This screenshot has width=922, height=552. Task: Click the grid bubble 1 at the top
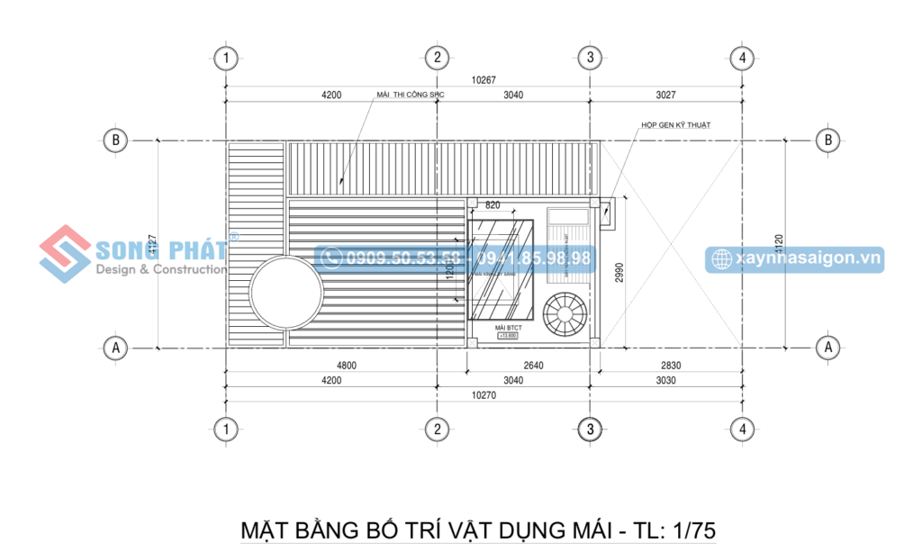226,58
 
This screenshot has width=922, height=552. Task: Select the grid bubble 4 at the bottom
742,430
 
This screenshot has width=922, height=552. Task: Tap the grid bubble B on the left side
114,140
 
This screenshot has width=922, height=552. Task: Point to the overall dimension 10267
484,80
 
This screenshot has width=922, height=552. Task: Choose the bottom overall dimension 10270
484,394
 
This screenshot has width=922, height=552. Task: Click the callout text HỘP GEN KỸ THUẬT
671,126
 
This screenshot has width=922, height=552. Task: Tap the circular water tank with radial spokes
566,313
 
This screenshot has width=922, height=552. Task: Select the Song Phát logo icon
66,253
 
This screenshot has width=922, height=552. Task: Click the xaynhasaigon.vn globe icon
721,259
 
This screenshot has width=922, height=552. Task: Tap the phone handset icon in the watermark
330,258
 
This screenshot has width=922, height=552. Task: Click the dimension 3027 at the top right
665,95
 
